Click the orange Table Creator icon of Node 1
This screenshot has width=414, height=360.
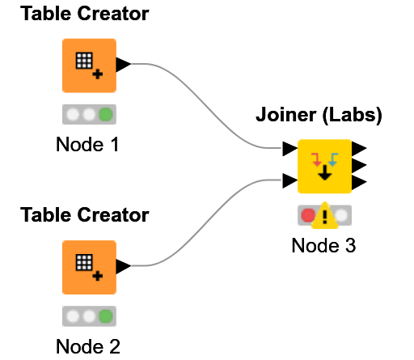(89, 66)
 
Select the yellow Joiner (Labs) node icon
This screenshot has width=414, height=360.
(324, 166)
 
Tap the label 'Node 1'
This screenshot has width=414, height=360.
(88, 145)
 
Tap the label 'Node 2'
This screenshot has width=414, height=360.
(88, 346)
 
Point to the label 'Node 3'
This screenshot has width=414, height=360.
(323, 245)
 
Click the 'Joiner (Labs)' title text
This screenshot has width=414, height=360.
(319, 116)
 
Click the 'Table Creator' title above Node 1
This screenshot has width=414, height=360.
(84, 14)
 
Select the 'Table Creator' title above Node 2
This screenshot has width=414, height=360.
(84, 215)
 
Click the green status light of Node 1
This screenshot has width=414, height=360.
(105, 114)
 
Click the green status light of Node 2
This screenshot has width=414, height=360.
(105, 316)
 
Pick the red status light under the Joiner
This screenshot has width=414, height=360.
(307, 215)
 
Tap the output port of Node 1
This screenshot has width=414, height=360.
(124, 65)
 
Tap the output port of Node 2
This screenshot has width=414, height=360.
(124, 266)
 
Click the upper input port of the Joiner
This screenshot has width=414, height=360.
(289, 150)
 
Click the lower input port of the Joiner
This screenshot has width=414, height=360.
(289, 182)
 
